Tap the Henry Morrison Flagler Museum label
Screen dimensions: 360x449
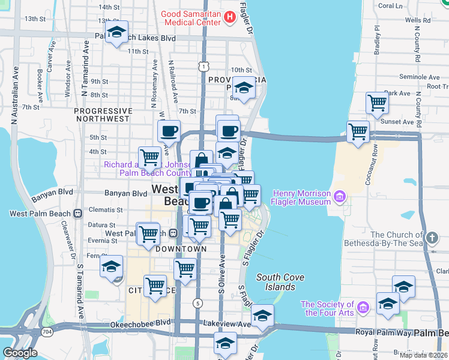pyautogui.click(x=301, y=197)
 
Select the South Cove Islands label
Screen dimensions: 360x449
pyautogui.click(x=280, y=282)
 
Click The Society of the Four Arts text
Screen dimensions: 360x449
pyautogui.click(x=327, y=308)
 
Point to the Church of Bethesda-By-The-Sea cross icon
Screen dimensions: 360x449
pyautogui.click(x=431, y=239)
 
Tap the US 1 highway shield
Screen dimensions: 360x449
pyautogui.click(x=205, y=65)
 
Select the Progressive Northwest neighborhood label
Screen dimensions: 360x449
pyautogui.click(x=103, y=115)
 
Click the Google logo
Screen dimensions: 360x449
pyautogui.click(x=20, y=353)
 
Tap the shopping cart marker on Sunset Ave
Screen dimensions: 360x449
pyautogui.click(x=358, y=131)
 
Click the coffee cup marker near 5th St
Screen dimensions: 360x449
pyautogui.click(x=169, y=130)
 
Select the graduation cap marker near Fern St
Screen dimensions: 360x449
pyautogui.click(x=111, y=266)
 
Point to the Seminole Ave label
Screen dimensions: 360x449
pyautogui.click(x=420, y=77)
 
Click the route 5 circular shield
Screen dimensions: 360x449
pyautogui.click(x=197, y=304)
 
